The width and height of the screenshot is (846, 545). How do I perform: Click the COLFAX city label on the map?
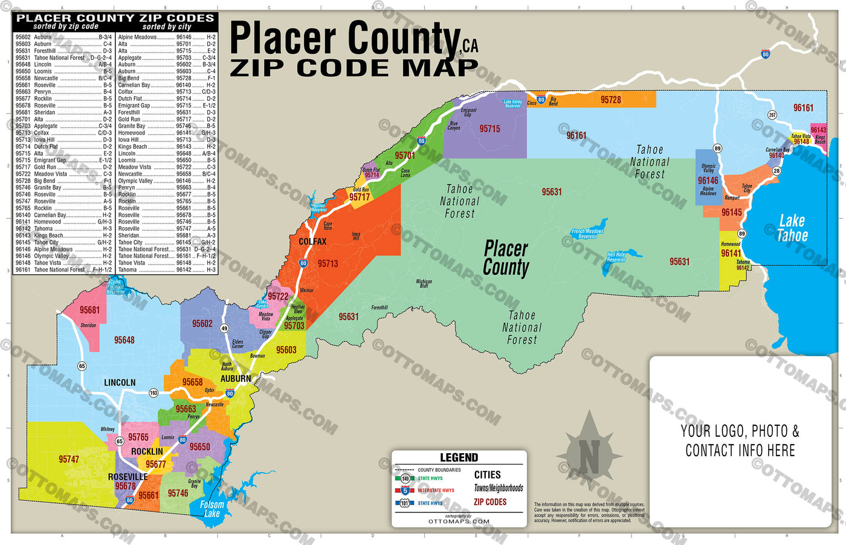312,242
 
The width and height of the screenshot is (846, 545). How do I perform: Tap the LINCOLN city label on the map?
120,382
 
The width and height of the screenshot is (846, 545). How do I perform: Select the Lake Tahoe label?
792,228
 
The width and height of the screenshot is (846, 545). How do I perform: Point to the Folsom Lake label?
211,509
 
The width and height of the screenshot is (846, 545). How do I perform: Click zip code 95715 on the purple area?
489,129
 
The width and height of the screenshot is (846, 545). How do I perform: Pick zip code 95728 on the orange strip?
610,100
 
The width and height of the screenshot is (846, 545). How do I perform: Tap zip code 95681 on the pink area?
89,310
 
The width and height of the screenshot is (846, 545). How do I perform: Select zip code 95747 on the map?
69,459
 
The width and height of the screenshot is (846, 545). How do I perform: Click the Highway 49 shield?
224,329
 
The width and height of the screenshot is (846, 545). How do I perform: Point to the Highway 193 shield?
153,393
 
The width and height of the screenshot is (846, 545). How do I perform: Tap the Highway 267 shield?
772,115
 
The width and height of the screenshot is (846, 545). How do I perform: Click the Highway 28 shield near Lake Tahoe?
777,171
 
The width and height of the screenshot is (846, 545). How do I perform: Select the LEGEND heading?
459,458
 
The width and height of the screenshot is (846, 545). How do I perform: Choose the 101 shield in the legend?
405,503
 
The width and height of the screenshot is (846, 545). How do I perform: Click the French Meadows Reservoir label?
587,233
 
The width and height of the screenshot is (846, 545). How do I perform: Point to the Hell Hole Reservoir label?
616,257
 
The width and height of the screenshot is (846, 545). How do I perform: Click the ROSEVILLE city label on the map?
128,477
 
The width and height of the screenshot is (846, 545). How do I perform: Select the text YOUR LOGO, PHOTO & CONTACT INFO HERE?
740,440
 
